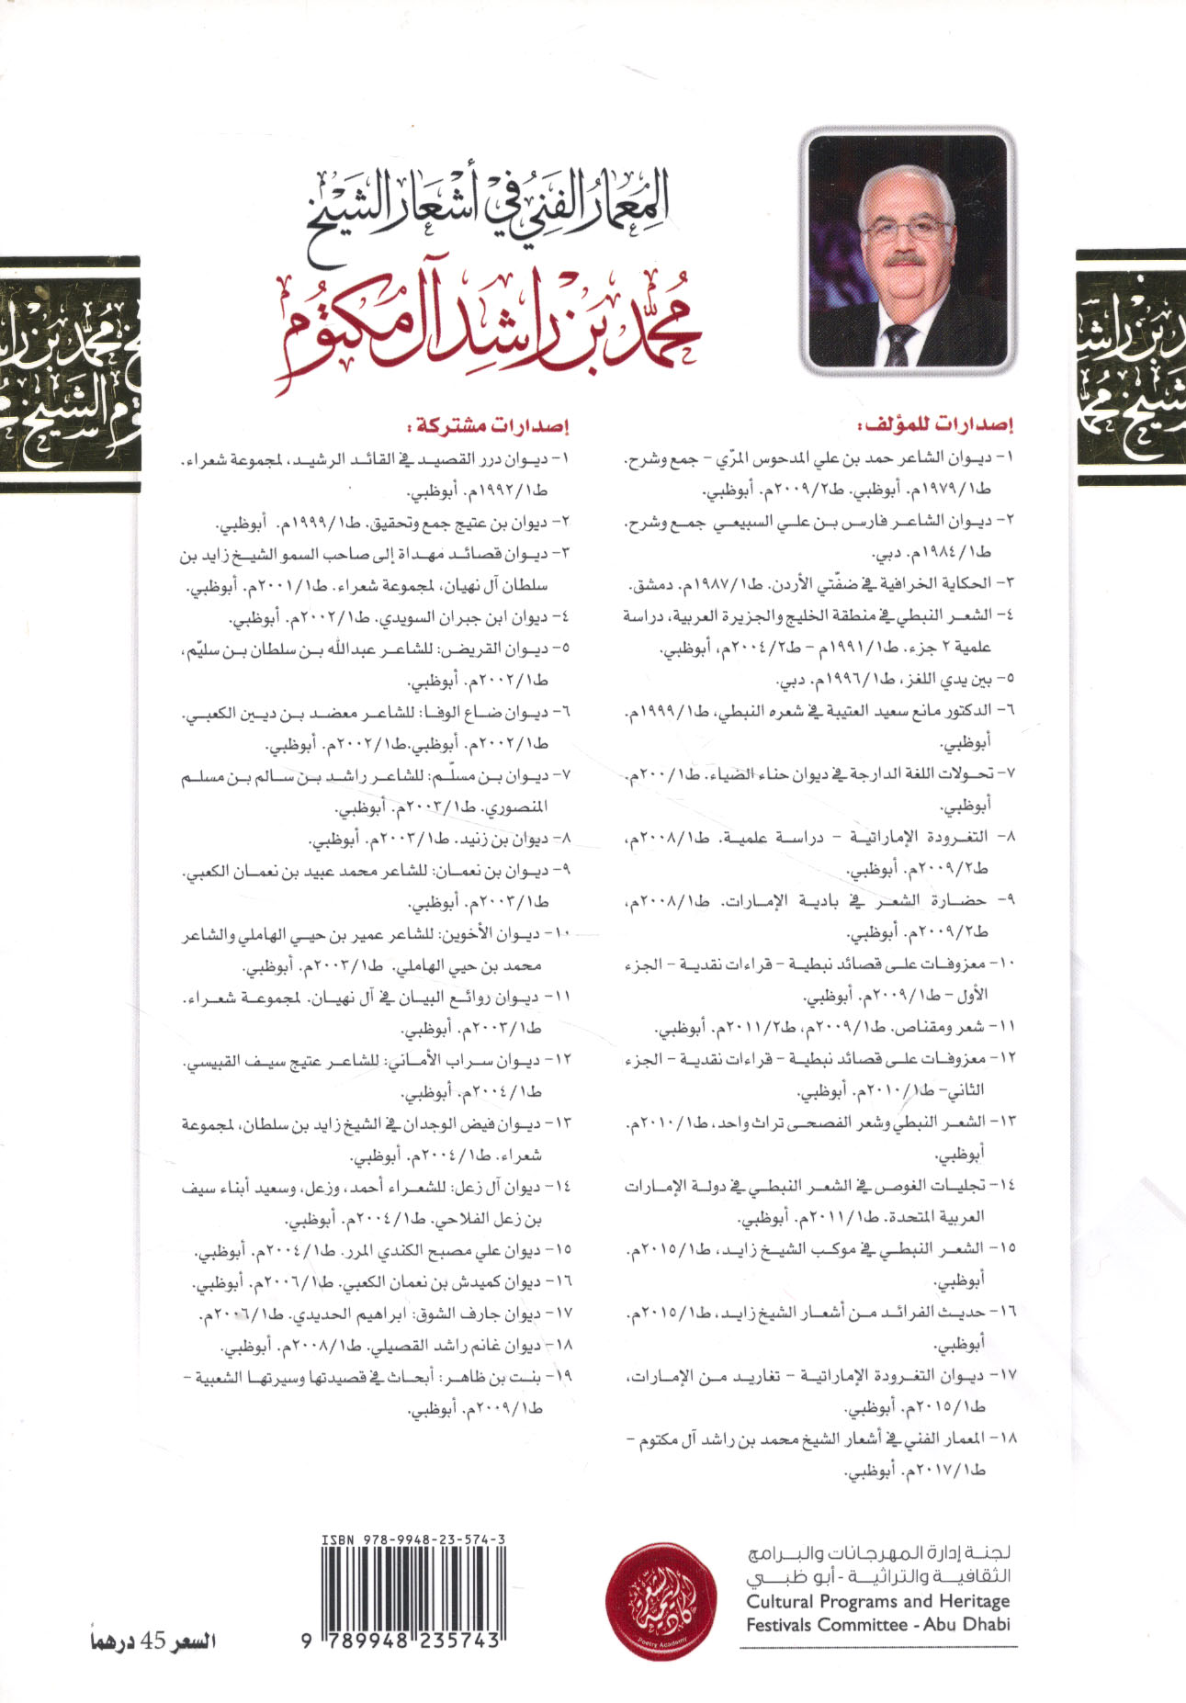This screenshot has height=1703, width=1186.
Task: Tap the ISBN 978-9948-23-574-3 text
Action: [x=413, y=1539]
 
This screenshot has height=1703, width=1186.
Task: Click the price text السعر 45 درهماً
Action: [x=152, y=1641]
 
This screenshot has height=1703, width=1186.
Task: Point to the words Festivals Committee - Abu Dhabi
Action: [x=877, y=1624]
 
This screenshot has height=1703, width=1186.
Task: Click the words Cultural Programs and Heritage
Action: [x=877, y=1601]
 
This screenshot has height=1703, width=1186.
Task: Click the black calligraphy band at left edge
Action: [x=69, y=373]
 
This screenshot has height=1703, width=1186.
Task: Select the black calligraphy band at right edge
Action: [x=1131, y=367]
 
